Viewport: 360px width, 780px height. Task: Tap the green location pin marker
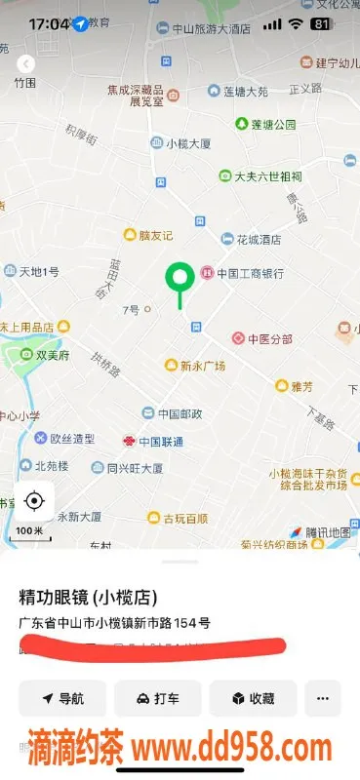179,279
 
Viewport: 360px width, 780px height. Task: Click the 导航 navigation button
61,698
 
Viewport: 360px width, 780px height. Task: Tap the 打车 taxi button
157,698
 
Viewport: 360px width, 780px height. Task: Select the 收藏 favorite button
252,698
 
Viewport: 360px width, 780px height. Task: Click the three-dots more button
322,698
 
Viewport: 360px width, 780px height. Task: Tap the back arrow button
26,64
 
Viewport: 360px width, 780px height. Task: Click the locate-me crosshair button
34,501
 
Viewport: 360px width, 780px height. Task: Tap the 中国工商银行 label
249,273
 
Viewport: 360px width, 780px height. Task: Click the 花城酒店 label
258,239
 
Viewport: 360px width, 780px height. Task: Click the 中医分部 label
268,339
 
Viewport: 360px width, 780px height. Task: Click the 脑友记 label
154,235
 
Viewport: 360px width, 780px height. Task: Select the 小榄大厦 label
188,143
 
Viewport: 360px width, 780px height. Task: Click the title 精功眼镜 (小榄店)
89,597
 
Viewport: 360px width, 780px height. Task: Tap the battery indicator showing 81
321,22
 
